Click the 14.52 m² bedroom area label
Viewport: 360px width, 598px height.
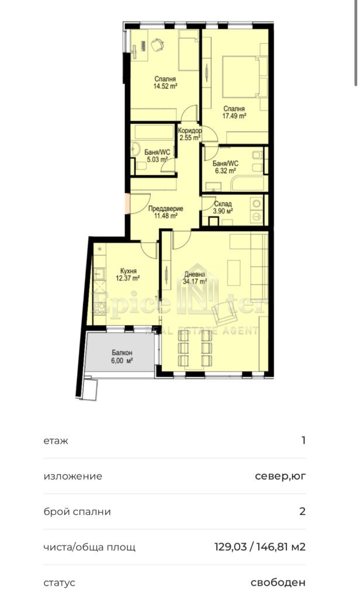tap(165, 82)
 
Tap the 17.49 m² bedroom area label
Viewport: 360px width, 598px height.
tap(234, 112)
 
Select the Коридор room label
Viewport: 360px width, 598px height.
tap(190, 131)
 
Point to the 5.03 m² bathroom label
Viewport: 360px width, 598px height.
tap(157, 156)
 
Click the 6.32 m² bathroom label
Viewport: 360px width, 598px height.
tap(226, 167)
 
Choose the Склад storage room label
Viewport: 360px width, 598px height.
tap(223, 204)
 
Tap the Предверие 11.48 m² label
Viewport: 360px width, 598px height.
tap(165, 212)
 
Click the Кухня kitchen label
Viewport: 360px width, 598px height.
tap(128, 271)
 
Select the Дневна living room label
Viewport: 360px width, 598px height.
tap(195, 274)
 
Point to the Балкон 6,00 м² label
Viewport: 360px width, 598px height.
tap(122, 357)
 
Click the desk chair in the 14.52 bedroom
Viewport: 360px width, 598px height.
tap(158, 44)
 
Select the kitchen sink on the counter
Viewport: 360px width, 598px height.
tap(99, 274)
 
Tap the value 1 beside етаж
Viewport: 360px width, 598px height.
tap(303, 440)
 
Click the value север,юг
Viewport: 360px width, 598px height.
tap(280, 477)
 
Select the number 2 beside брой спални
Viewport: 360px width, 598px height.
tap(303, 512)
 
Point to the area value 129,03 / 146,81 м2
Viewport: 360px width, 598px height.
tap(261, 547)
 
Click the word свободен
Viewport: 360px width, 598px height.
tap(278, 583)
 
